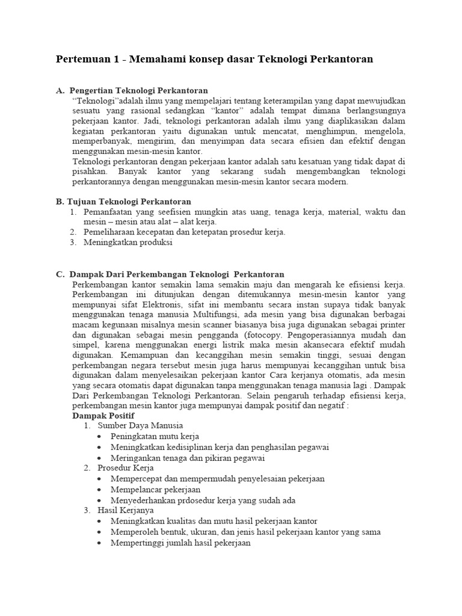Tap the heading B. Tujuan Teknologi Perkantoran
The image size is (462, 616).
pos(123,202)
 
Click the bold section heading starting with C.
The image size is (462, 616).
pos(170,274)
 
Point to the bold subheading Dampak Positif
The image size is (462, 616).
pos(103,415)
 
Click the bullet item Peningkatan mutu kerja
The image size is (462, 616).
pos(155,436)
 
